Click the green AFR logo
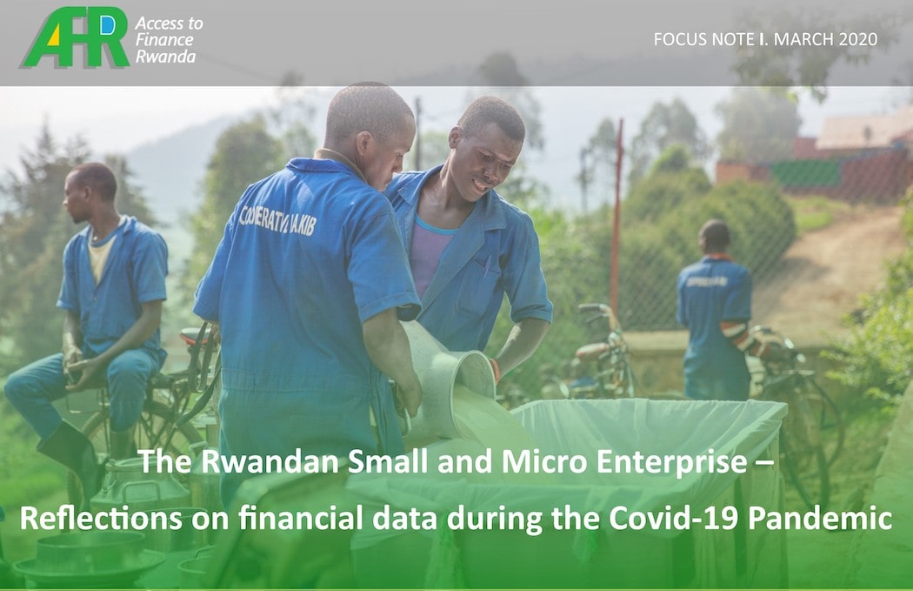coord(75,37)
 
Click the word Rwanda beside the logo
coord(165,57)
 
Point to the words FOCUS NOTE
coord(704,39)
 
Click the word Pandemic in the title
coord(820,518)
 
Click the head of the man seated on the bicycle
coord(90,190)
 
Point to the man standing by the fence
coord(716,310)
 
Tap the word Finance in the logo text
coord(164,40)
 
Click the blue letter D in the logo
coord(108,25)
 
